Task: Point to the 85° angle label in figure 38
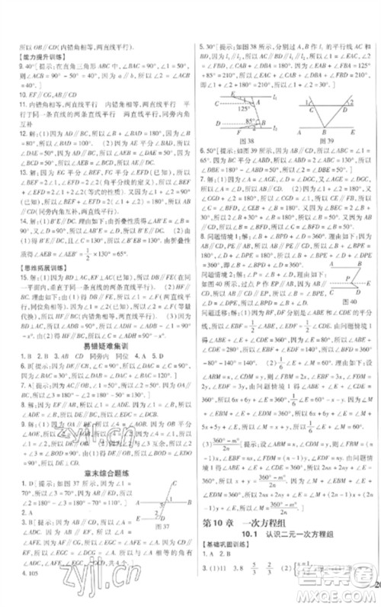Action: point(252,120)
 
